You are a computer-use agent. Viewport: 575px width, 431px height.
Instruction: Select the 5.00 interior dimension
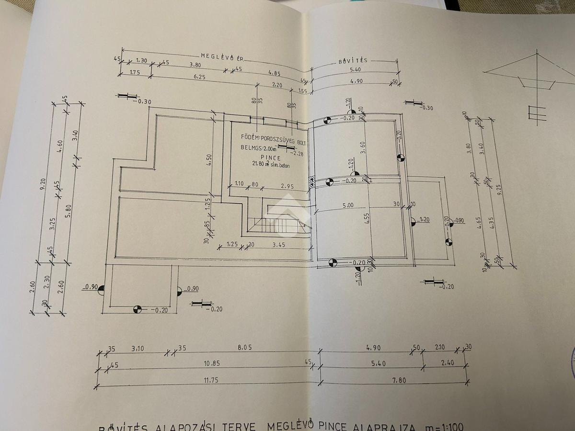(x=348, y=205)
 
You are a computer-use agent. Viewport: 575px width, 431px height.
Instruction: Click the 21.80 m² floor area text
(x=271, y=164)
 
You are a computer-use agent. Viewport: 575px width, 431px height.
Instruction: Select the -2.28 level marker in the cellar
(x=298, y=153)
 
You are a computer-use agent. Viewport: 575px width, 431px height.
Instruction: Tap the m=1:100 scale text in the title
(x=444, y=426)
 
